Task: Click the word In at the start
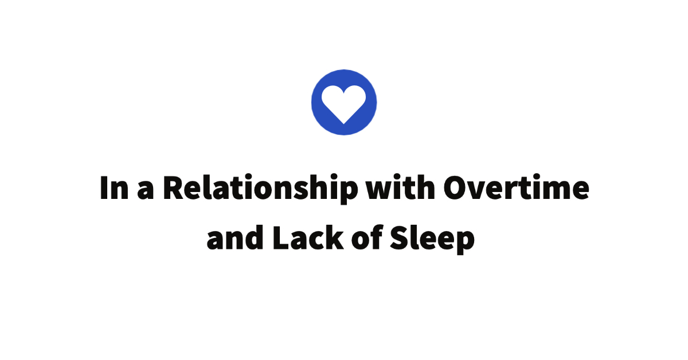tap(113, 188)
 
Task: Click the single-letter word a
tap(146, 191)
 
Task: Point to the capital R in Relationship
tap(174, 188)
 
